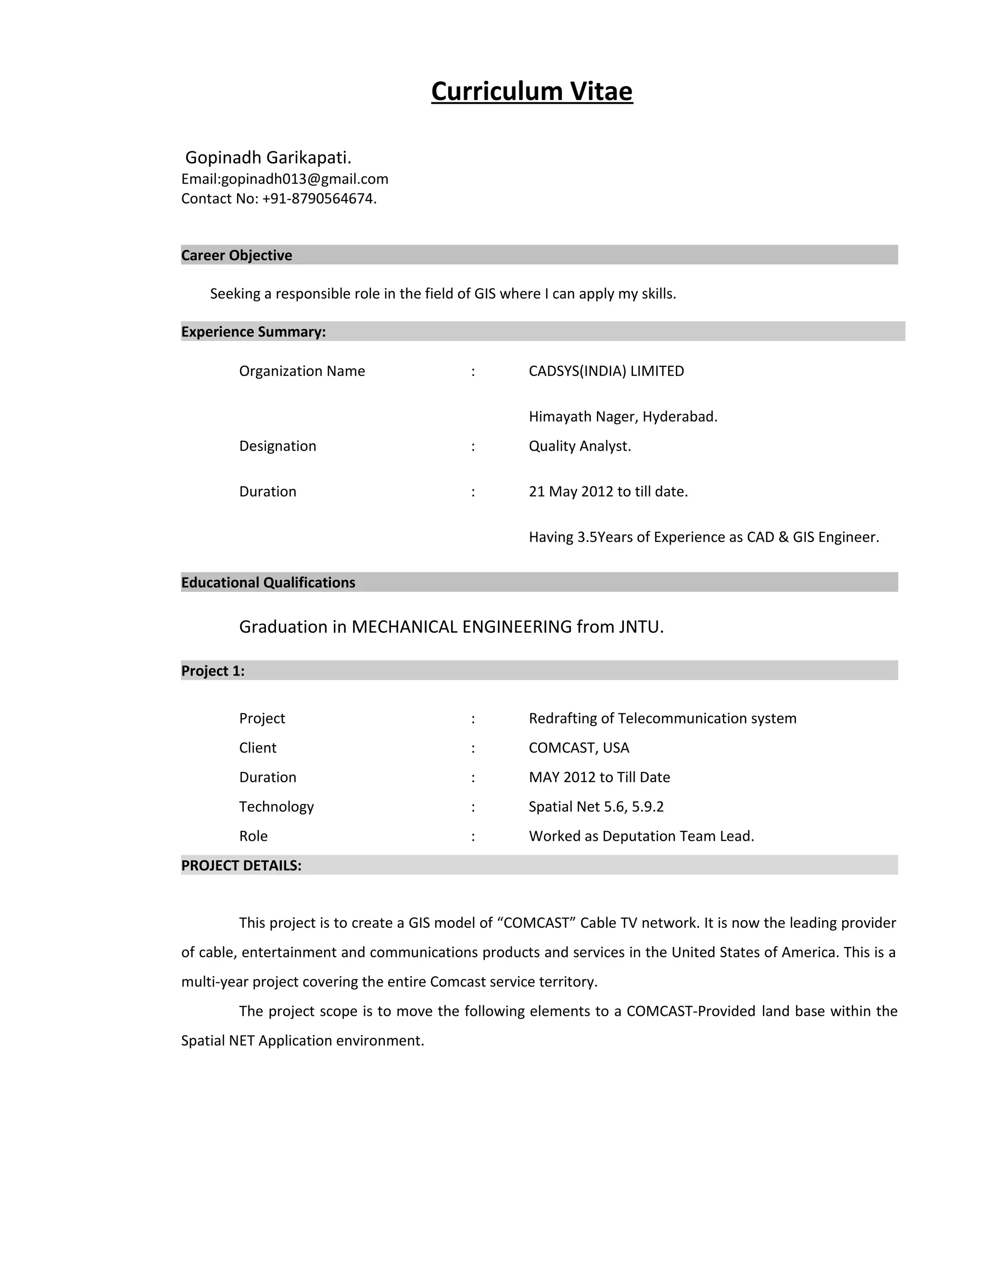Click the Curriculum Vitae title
coord(531,91)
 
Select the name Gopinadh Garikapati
coord(268,158)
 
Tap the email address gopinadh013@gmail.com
coord(304,179)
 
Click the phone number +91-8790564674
coord(318,199)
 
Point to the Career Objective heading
coord(236,255)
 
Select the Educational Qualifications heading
coord(268,583)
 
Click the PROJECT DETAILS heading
coord(241,866)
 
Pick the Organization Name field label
coord(302,371)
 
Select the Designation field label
coord(277,446)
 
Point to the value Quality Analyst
coord(580,446)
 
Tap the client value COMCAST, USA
coord(579,748)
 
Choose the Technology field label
coord(276,807)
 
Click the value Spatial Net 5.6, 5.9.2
coord(596,807)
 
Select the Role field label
coord(253,836)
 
